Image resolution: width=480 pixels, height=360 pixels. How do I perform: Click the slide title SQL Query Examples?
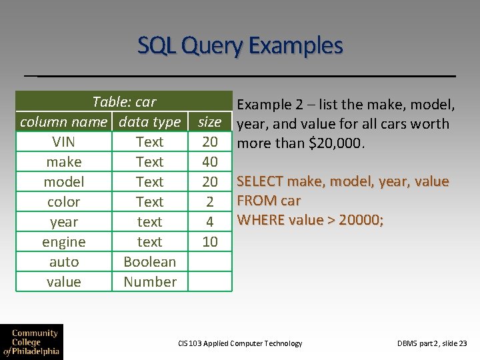[x=240, y=46]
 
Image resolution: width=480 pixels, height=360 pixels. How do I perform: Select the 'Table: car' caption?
[x=124, y=102]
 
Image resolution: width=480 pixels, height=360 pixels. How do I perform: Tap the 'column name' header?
[x=63, y=122]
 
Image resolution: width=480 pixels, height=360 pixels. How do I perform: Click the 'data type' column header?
[x=149, y=122]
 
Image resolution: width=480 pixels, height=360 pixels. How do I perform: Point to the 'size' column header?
[x=209, y=122]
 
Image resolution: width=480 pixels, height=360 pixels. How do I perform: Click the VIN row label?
[x=63, y=142]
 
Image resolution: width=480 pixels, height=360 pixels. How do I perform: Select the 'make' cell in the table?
[x=63, y=162]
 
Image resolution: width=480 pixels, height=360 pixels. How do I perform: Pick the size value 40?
[x=209, y=162]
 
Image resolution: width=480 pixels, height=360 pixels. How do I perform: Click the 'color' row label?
[x=63, y=202]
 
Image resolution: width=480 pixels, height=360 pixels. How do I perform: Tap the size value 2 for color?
[x=209, y=202]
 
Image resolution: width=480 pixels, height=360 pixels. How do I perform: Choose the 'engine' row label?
[x=63, y=242]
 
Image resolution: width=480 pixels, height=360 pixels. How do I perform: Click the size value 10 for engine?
[x=209, y=242]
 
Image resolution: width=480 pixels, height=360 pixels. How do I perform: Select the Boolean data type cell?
[x=149, y=262]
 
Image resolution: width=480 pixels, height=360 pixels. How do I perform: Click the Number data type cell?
[x=149, y=282]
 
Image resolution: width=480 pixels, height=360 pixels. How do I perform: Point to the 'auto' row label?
[x=63, y=262]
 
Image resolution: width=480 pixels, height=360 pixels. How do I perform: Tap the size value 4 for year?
[x=209, y=222]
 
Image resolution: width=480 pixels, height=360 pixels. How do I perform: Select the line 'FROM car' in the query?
[x=269, y=201]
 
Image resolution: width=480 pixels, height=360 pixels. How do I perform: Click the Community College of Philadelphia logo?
[x=31, y=342]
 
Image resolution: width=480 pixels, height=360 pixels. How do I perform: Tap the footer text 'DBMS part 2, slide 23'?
[x=432, y=343]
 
